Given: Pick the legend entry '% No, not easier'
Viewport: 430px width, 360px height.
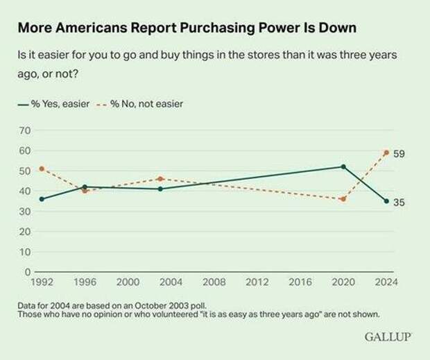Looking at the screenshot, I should [x=139, y=104].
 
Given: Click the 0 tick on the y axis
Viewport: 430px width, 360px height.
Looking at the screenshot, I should [x=27, y=272].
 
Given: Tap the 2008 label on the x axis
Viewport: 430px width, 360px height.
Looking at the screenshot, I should [x=215, y=283].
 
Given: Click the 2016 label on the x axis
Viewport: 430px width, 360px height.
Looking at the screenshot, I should [x=300, y=283].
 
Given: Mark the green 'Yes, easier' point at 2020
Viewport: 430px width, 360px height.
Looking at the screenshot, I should [x=343, y=166].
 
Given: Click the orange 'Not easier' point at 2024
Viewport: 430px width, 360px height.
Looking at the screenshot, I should [x=386, y=152].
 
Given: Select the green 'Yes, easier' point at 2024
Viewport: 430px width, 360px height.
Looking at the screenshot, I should [x=386, y=201].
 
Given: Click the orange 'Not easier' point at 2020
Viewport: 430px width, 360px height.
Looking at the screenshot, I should [x=343, y=199].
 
